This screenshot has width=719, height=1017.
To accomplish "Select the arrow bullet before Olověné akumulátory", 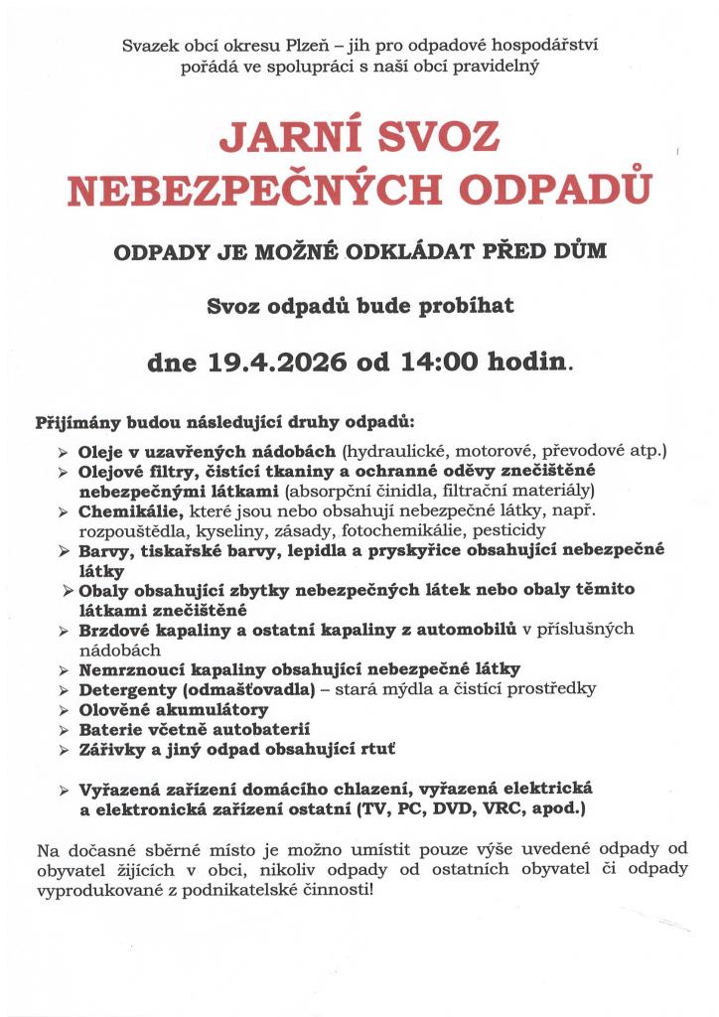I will pyautogui.click(x=64, y=710).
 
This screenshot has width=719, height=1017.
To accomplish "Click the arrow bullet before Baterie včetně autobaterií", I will pyautogui.click(x=64, y=730).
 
